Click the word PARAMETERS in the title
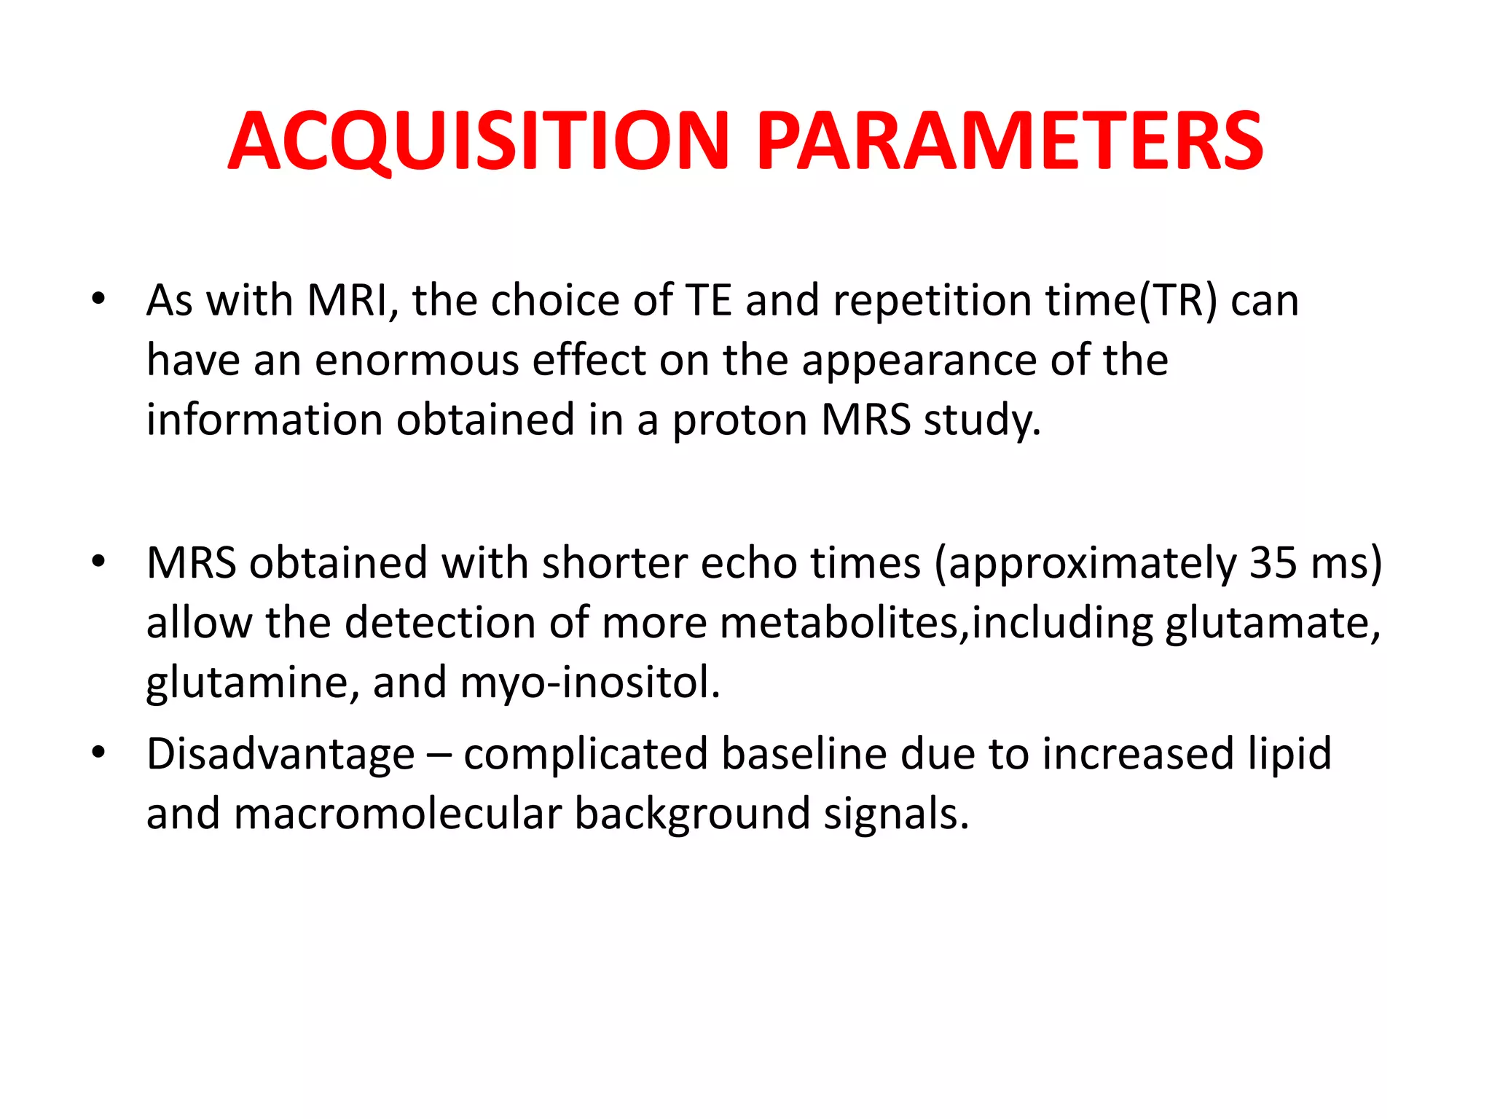(x=1010, y=141)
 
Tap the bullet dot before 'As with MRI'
(x=98, y=299)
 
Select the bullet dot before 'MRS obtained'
(x=98, y=562)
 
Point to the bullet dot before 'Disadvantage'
(x=98, y=752)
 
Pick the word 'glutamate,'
(x=1272, y=624)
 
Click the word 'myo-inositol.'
(x=590, y=683)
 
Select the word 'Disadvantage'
(x=280, y=753)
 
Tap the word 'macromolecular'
(x=397, y=813)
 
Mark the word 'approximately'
(x=1085, y=563)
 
